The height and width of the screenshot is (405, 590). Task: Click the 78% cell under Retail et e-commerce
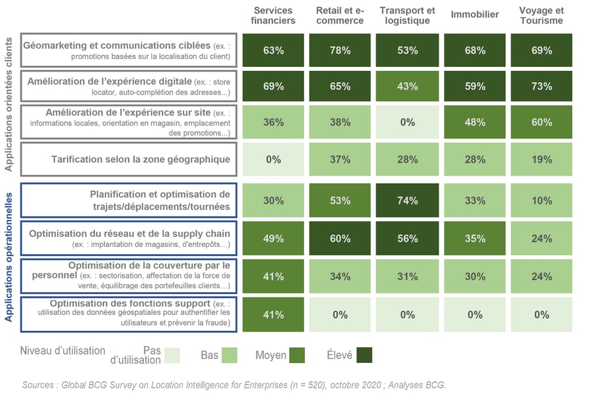coord(340,51)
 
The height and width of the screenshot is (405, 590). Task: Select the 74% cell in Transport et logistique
coord(407,201)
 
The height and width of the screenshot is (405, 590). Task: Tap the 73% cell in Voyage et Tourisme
coord(541,87)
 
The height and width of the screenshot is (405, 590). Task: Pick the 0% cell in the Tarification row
coord(273,160)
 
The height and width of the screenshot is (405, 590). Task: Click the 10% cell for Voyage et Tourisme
coord(541,201)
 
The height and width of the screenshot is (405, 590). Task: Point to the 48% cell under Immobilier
coord(475,122)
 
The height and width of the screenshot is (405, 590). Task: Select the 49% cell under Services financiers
coord(273,238)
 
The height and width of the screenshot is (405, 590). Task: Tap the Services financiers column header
coord(273,16)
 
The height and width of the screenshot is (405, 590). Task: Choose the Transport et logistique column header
coord(407,16)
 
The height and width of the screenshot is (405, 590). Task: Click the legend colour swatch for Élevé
coord(361,355)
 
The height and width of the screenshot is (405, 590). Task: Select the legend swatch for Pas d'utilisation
coord(172,355)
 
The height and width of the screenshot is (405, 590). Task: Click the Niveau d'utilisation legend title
coord(63,351)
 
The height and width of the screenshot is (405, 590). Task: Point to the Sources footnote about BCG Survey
coord(234,385)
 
